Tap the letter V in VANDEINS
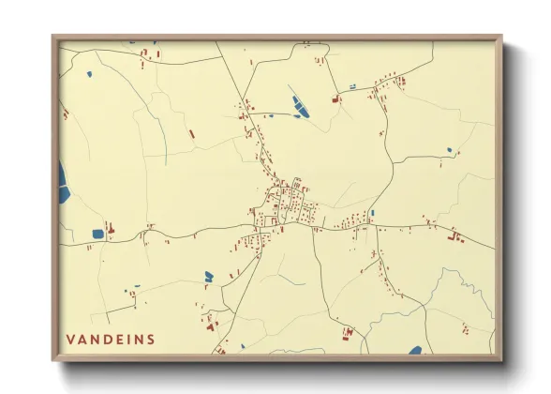pos(71,338)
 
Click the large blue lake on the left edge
pos(62,184)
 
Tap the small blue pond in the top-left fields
pos(89,74)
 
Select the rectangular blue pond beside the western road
pos(97,234)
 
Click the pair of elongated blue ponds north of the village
pos(299,105)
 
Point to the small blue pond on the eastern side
pos(449,150)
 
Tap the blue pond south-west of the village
pos(209,276)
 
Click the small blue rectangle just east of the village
pos(372,213)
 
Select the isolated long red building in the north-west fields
pos(192,134)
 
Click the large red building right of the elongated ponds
pos(333,98)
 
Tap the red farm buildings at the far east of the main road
pos(458,238)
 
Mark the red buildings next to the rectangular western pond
pos(110,228)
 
